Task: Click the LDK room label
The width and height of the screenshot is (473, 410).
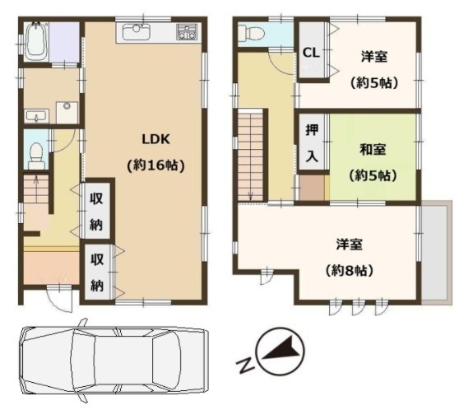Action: coord(156,139)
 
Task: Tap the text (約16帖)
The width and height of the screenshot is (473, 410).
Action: coord(156,165)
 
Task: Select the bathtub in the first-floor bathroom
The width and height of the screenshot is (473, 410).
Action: coord(36,42)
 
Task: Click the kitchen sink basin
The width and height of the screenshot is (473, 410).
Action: coord(136,32)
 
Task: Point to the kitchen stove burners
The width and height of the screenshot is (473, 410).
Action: coord(187,32)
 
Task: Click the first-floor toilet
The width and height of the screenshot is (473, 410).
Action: coord(36,156)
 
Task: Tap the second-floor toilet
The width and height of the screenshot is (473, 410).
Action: coord(251,32)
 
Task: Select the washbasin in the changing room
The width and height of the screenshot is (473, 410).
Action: coord(36,116)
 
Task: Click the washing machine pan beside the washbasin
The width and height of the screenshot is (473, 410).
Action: coord(67,112)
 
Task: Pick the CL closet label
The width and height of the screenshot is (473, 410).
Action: coord(311,53)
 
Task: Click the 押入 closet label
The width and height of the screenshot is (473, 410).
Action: coord(312,143)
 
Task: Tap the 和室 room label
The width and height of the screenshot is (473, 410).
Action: coord(373,149)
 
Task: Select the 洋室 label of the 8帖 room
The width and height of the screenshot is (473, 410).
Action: coord(350,244)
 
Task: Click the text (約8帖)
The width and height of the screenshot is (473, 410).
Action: coord(350,270)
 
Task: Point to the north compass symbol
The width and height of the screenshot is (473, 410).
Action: coord(281,352)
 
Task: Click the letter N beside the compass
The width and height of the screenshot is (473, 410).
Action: coord(244,366)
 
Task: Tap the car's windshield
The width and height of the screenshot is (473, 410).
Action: coord(166,359)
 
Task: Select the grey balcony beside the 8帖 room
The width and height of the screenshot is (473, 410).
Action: coord(436,253)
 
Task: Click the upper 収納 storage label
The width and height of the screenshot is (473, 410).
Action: coord(96,212)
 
